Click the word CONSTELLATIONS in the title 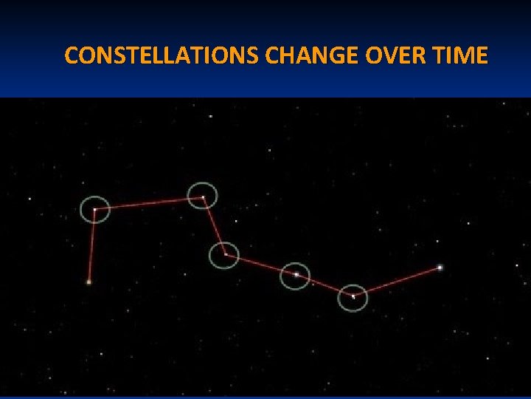click(161, 55)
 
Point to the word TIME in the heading click(461, 55)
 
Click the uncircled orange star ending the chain click(89, 282)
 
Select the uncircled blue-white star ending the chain click(440, 267)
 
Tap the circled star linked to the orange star click(94, 210)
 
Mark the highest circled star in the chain click(203, 197)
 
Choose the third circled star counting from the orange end click(224, 255)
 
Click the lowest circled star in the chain click(353, 296)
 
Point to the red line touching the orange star click(91, 246)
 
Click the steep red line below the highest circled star click(213, 225)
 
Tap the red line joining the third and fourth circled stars click(260, 265)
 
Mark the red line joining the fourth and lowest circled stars click(324, 286)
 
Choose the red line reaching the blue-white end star click(396, 282)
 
